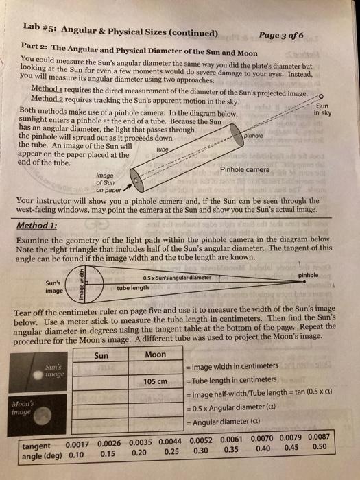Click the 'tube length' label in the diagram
point(133,288)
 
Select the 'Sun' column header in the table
point(101,355)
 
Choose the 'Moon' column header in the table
point(155,355)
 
